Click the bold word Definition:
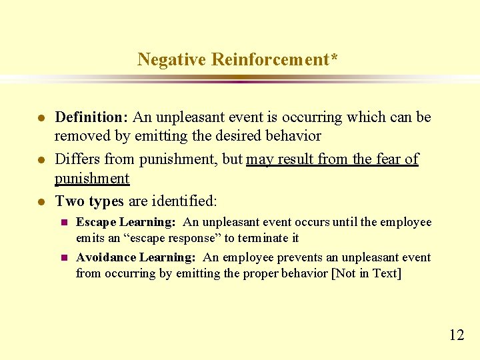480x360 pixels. click(91, 117)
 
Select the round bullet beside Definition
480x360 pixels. click(41, 118)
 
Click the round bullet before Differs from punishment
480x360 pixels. click(41, 160)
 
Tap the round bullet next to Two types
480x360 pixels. click(41, 202)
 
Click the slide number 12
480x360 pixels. click(457, 335)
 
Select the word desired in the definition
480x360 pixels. click(238, 136)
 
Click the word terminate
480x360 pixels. click(258, 237)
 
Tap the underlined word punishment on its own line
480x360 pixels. click(92, 179)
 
